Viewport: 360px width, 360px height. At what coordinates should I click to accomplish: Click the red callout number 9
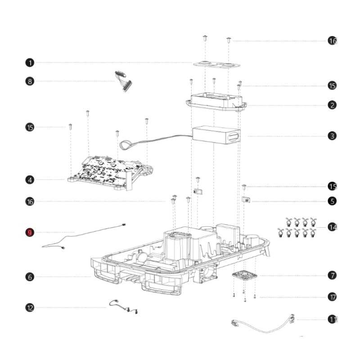pos(30,233)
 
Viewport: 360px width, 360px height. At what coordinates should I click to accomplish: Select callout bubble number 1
pos(30,62)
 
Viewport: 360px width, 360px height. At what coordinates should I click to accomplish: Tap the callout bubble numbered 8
pos(30,81)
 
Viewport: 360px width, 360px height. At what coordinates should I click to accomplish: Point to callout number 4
pos(30,180)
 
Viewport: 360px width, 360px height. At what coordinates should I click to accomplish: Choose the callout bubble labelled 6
pos(30,277)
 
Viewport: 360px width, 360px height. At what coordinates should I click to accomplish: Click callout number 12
pos(30,308)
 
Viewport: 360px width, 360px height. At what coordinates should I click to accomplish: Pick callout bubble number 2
pos(332,105)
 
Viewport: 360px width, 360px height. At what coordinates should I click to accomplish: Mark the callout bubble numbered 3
pos(332,135)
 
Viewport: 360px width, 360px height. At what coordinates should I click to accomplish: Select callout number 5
pos(332,201)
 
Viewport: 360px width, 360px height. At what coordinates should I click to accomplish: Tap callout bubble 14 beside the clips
pos(332,227)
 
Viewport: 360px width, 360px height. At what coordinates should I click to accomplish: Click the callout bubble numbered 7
pos(332,275)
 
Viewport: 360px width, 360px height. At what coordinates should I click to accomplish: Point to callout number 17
pos(332,297)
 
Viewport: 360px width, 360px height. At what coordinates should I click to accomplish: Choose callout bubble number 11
pos(332,319)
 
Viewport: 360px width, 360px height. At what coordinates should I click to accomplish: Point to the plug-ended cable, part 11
pos(261,326)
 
